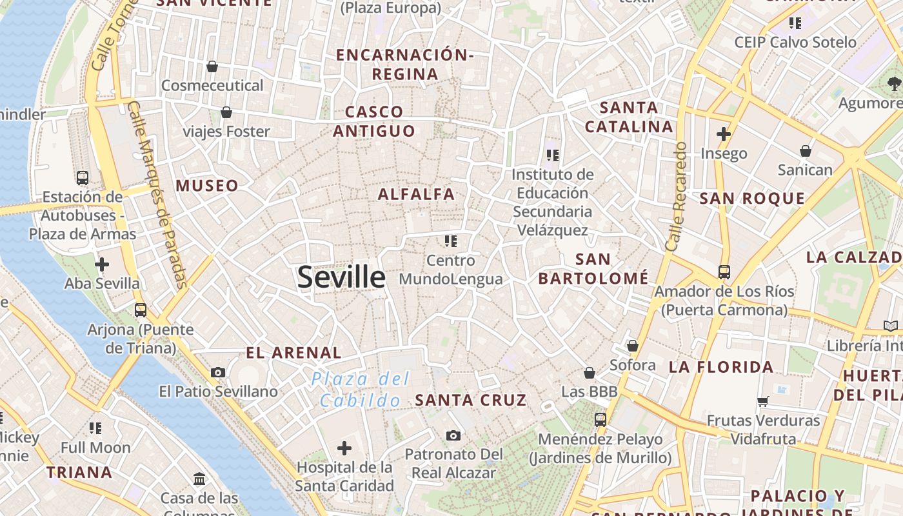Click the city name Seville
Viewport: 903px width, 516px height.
pyautogui.click(x=341, y=277)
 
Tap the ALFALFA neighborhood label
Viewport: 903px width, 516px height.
pyautogui.click(x=416, y=194)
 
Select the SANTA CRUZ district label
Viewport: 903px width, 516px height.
pyautogui.click(x=471, y=400)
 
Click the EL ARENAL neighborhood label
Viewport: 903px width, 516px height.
pyautogui.click(x=293, y=353)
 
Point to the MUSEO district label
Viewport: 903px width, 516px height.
pyautogui.click(x=207, y=186)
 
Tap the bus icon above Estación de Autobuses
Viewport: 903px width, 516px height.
pyautogui.click(x=83, y=178)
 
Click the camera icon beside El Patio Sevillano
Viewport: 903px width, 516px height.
pyautogui.click(x=218, y=372)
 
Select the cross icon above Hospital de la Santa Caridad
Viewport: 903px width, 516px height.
pyautogui.click(x=344, y=448)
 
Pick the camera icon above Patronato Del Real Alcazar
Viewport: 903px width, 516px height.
pyautogui.click(x=453, y=435)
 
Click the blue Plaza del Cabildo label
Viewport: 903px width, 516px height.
pyautogui.click(x=361, y=390)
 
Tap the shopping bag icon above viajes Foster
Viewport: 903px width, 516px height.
pyautogui.click(x=226, y=112)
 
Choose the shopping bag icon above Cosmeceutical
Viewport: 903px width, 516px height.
pyautogui.click(x=212, y=66)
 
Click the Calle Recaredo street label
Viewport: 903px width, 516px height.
pyautogui.click(x=675, y=197)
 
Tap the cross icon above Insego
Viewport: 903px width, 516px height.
pyautogui.click(x=724, y=134)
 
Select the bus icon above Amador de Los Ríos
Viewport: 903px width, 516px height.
pyautogui.click(x=724, y=272)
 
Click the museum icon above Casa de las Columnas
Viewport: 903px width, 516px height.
pyautogui.click(x=199, y=479)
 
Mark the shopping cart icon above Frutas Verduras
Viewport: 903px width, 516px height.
pyautogui.click(x=763, y=401)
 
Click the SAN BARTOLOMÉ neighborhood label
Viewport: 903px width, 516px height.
pyautogui.click(x=593, y=269)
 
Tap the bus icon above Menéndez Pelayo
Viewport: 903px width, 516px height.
pyautogui.click(x=600, y=420)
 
